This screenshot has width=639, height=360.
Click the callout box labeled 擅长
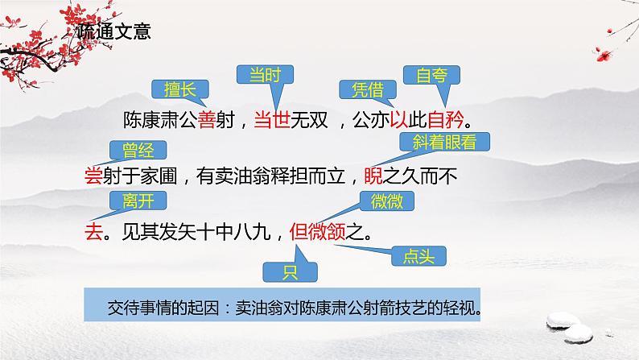pyautogui.click(x=175, y=88)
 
